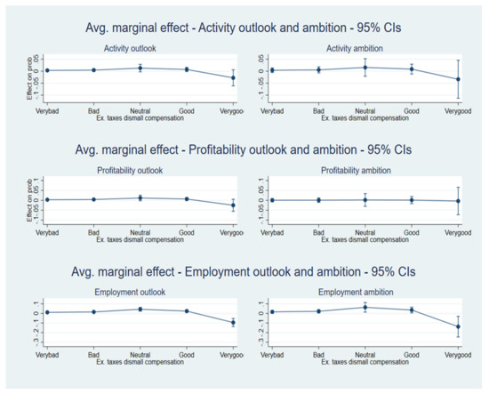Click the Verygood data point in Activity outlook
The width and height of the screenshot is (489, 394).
(x=233, y=78)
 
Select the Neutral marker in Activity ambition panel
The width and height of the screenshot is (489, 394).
(x=364, y=68)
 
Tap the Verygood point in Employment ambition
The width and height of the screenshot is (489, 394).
(x=458, y=326)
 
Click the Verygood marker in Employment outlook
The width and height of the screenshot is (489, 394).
(x=233, y=322)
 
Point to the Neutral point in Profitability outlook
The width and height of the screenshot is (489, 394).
(x=140, y=197)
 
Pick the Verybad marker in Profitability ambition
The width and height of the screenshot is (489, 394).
(x=272, y=199)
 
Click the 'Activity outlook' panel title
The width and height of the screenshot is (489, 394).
(x=140, y=48)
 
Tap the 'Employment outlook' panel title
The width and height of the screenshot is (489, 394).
(x=140, y=292)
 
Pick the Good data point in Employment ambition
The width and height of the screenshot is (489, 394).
(x=411, y=310)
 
